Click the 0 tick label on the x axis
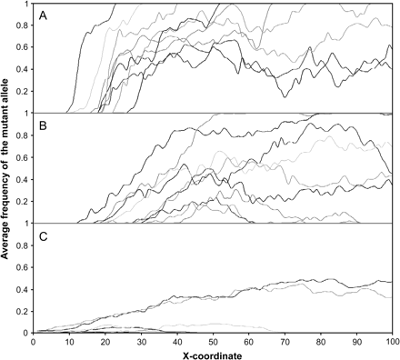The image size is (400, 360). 34,342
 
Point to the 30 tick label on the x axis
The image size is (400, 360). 142,342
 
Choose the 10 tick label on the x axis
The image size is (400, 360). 70,342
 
